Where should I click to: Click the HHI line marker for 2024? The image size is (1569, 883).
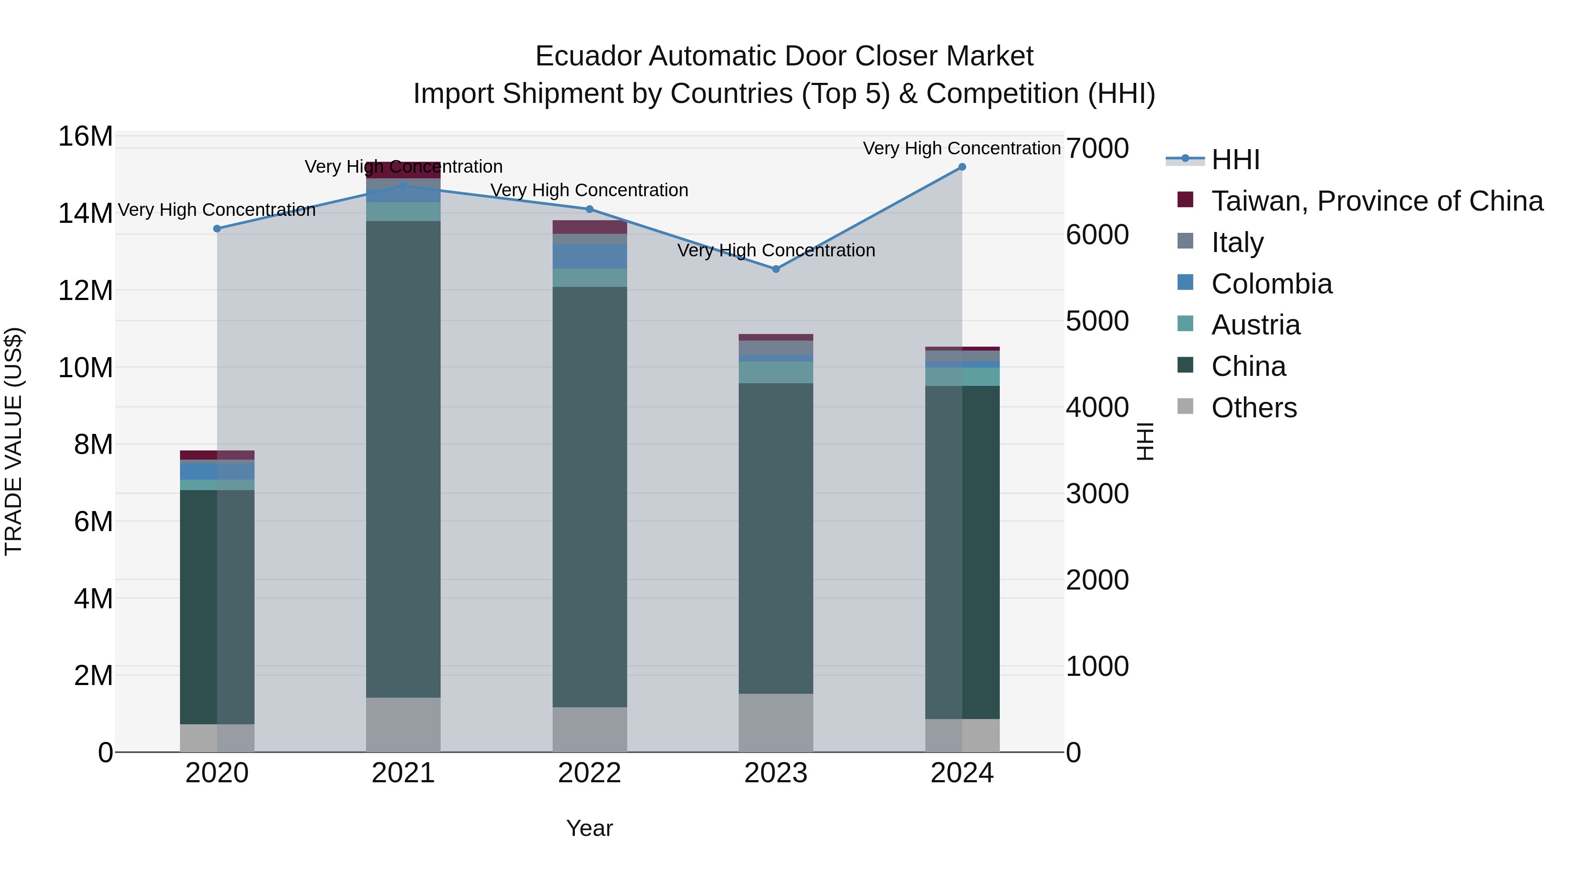point(962,167)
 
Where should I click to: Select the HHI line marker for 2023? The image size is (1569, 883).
point(775,269)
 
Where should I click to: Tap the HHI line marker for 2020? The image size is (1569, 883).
point(217,228)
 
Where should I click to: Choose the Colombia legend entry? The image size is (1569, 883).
point(1271,284)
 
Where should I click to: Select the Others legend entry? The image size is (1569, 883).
point(1253,408)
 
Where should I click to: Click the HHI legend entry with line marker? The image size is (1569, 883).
point(1235,160)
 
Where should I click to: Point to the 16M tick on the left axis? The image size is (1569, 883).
point(85,136)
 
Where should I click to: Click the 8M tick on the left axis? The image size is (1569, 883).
point(93,445)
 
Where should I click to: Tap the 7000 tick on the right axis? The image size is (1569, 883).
point(1097,148)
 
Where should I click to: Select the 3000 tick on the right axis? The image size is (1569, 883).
point(1097,494)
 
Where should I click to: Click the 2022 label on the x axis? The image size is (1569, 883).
point(589,773)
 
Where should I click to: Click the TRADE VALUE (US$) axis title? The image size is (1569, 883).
point(14,441)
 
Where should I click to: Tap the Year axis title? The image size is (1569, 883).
point(589,828)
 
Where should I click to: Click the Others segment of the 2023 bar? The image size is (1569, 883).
point(775,722)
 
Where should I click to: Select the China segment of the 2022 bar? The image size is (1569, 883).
point(589,497)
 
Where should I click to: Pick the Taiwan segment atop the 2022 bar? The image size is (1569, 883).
point(589,227)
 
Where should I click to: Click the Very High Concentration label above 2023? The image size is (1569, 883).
point(775,250)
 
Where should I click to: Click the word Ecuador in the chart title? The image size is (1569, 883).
point(588,56)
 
